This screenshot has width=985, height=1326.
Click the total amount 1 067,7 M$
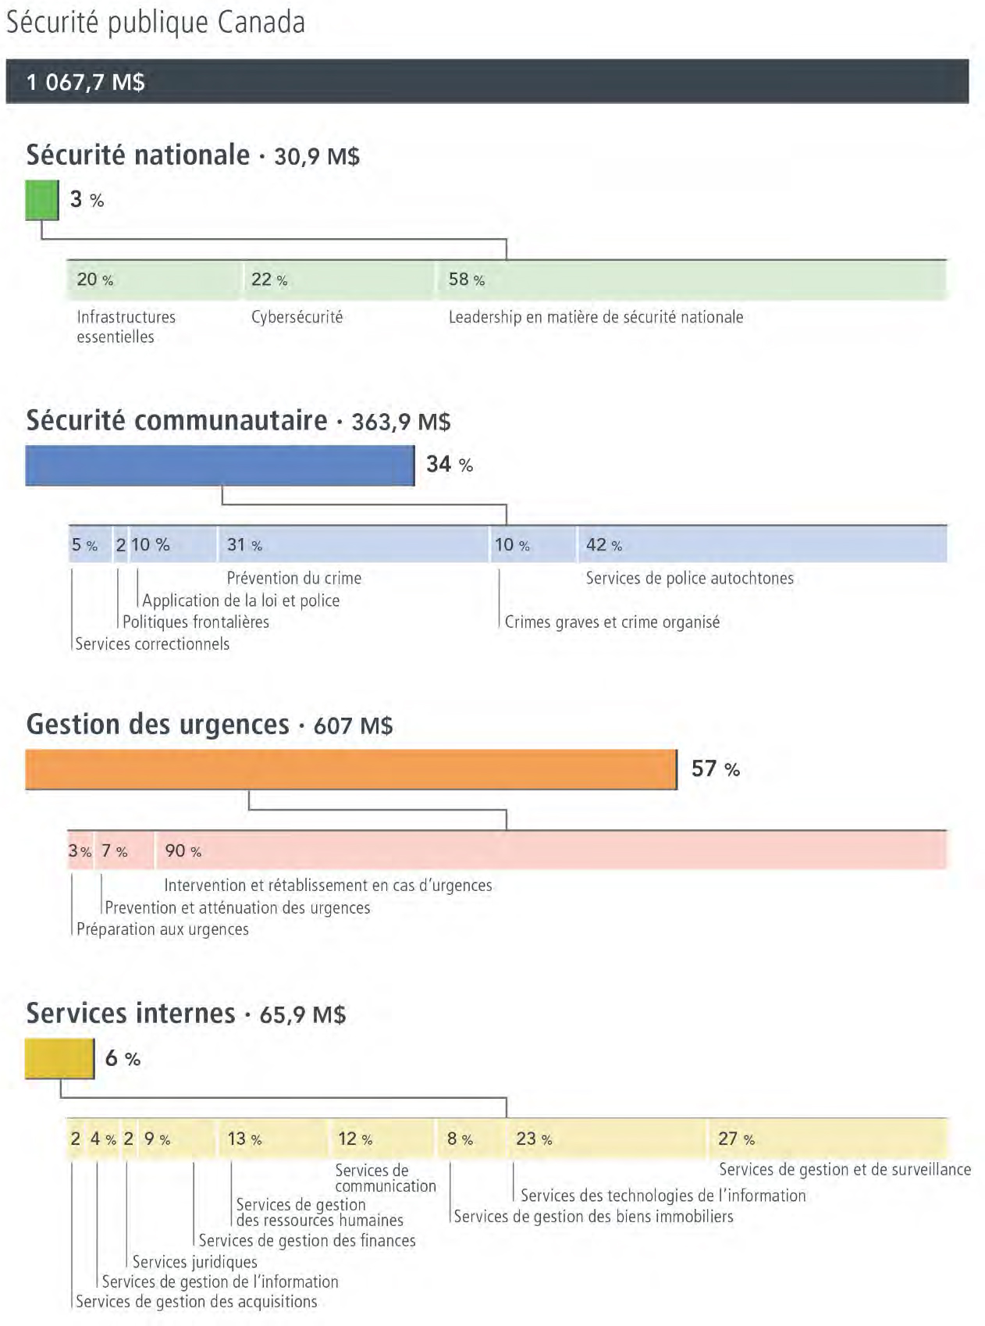tap(85, 82)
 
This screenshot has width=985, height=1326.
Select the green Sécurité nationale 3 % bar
tap(42, 200)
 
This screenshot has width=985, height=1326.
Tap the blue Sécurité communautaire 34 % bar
tap(219, 465)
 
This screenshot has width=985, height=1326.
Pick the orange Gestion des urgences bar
tap(350, 769)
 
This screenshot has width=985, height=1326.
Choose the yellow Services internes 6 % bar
tap(59, 1058)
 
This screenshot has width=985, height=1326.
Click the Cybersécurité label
tap(297, 317)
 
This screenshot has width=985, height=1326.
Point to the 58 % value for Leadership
tap(466, 280)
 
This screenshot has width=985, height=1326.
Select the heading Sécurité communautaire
tap(176, 420)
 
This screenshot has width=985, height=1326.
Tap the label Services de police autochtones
tap(689, 578)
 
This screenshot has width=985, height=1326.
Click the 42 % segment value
tap(603, 545)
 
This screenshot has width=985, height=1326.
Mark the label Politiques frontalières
tap(195, 622)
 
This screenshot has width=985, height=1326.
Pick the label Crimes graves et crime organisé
tap(612, 622)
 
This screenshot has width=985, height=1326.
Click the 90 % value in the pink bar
tap(183, 851)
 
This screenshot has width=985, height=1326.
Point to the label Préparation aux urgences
tap(162, 929)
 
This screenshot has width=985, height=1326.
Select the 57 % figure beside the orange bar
tap(715, 769)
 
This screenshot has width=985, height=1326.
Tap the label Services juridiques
tap(194, 1261)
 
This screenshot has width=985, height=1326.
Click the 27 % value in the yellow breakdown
tap(736, 1139)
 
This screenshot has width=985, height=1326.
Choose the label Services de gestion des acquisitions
tap(196, 1301)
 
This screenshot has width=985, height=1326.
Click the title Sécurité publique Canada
tap(155, 23)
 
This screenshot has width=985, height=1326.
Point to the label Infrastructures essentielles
tap(126, 326)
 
